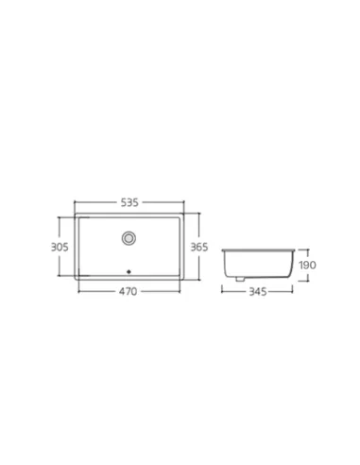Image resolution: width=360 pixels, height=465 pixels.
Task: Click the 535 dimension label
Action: (x=129, y=202)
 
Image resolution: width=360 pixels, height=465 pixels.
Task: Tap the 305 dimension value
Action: (x=60, y=247)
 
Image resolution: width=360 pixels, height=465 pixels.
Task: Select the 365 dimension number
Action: (x=199, y=247)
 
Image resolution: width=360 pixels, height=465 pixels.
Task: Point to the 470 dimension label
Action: (x=129, y=291)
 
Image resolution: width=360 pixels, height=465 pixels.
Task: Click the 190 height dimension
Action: (x=307, y=265)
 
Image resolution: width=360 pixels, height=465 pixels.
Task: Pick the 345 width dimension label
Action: (x=258, y=292)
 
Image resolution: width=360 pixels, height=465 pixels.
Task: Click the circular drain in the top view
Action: (x=129, y=238)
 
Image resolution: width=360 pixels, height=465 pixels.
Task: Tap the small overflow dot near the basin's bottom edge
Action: (x=129, y=272)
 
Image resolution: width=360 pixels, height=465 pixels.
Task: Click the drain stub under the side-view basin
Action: (x=240, y=279)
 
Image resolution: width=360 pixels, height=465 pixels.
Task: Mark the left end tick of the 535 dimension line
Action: (x=75, y=202)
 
